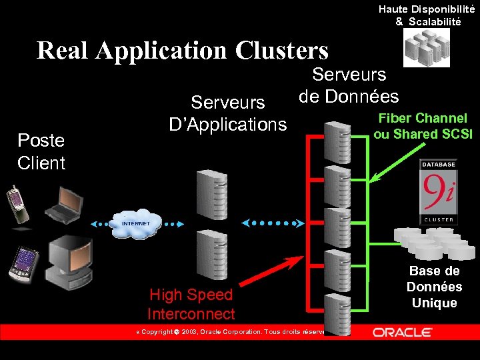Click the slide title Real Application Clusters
pyautogui.click(x=183, y=51)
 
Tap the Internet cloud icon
pyautogui.click(x=136, y=224)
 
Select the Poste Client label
pyautogui.click(x=41, y=151)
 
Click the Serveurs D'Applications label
pyautogui.click(x=229, y=113)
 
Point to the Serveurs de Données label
pyautogui.click(x=349, y=85)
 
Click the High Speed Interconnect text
pyautogui.click(x=191, y=304)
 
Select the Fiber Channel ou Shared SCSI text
pyautogui.click(x=423, y=126)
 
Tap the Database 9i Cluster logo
pyautogui.click(x=438, y=191)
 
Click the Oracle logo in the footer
pyautogui.click(x=403, y=332)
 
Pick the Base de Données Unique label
pyautogui.click(x=435, y=287)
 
